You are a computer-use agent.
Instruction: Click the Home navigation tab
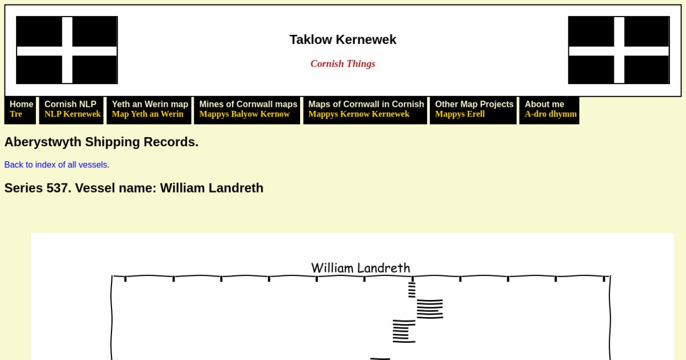click(20, 110)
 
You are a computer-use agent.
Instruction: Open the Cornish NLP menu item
click(71, 110)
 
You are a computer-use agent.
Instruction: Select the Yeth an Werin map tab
click(149, 110)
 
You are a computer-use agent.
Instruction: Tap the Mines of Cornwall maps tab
click(247, 110)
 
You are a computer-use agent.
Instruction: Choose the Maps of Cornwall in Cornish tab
click(365, 110)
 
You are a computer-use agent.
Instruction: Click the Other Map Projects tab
click(473, 110)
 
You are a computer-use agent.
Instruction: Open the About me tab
click(549, 110)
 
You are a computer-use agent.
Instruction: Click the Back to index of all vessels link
click(57, 165)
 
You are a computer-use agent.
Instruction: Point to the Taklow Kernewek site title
click(343, 40)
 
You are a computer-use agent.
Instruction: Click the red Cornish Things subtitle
click(343, 63)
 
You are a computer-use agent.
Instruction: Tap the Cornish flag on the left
click(67, 50)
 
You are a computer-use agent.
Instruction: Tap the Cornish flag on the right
click(619, 50)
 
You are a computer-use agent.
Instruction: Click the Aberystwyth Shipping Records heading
click(101, 142)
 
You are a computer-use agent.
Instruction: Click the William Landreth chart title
click(361, 268)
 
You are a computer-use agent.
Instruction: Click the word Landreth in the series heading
click(236, 188)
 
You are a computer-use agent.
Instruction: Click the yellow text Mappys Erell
click(460, 114)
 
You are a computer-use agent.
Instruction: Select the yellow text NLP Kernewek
click(73, 114)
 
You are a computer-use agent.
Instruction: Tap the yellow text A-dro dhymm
click(551, 114)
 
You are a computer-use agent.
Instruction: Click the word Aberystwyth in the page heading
click(43, 142)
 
